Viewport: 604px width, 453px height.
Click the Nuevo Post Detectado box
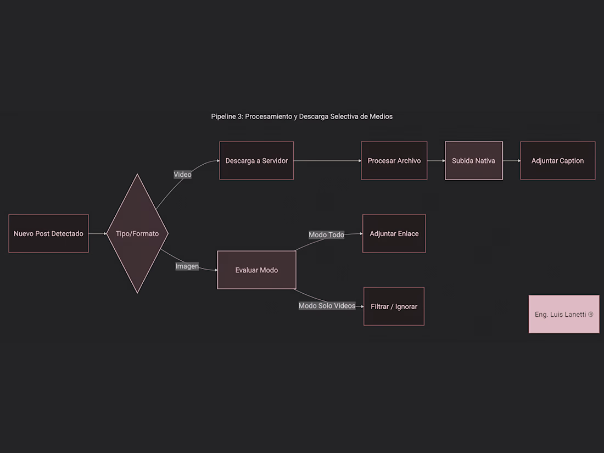[48, 233]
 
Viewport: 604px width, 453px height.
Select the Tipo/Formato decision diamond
[137, 233]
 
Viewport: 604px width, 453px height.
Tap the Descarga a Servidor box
[256, 161]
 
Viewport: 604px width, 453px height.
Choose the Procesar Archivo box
[394, 161]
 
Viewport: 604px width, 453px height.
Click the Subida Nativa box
[474, 161]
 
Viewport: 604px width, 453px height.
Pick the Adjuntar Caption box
[558, 161]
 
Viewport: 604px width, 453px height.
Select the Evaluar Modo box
[256, 270]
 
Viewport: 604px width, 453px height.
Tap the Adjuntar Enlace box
[394, 233]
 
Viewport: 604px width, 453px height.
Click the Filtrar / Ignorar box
[394, 306]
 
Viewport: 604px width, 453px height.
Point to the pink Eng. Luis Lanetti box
[564, 314]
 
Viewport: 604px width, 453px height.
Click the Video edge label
[183, 175]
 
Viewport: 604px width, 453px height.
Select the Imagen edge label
[187, 266]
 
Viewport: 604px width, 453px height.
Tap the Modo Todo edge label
[326, 234]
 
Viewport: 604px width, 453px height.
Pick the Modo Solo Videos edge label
[327, 306]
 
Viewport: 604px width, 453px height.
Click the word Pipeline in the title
[227, 116]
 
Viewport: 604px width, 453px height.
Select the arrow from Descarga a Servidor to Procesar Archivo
[327, 161]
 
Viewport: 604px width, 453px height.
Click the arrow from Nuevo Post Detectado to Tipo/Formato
[97, 233]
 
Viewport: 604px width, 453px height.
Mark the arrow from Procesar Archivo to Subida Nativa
[436, 161]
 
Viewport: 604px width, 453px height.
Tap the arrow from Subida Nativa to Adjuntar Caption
[512, 161]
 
